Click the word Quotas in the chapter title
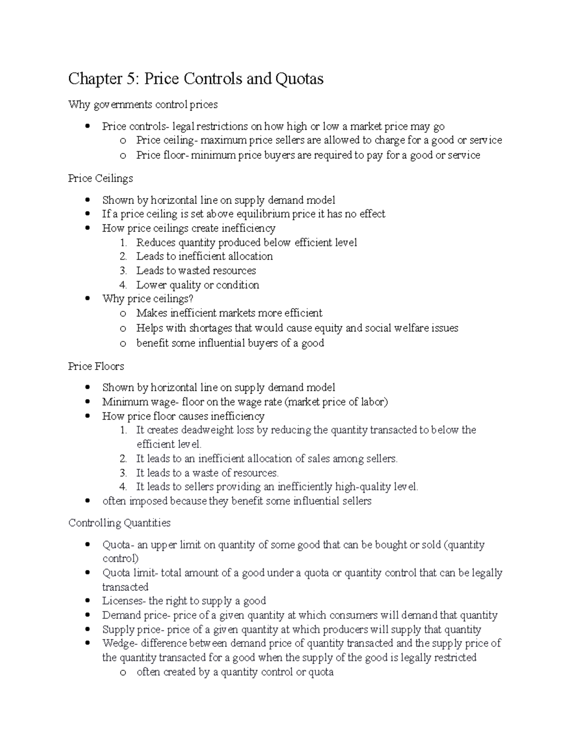[300, 78]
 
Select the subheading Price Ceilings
[100, 178]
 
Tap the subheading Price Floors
[96, 366]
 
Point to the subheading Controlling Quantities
[119, 523]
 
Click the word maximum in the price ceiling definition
[220, 140]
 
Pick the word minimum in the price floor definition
[213, 155]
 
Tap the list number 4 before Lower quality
[123, 285]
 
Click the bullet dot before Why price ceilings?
[88, 299]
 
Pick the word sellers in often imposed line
[355, 501]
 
